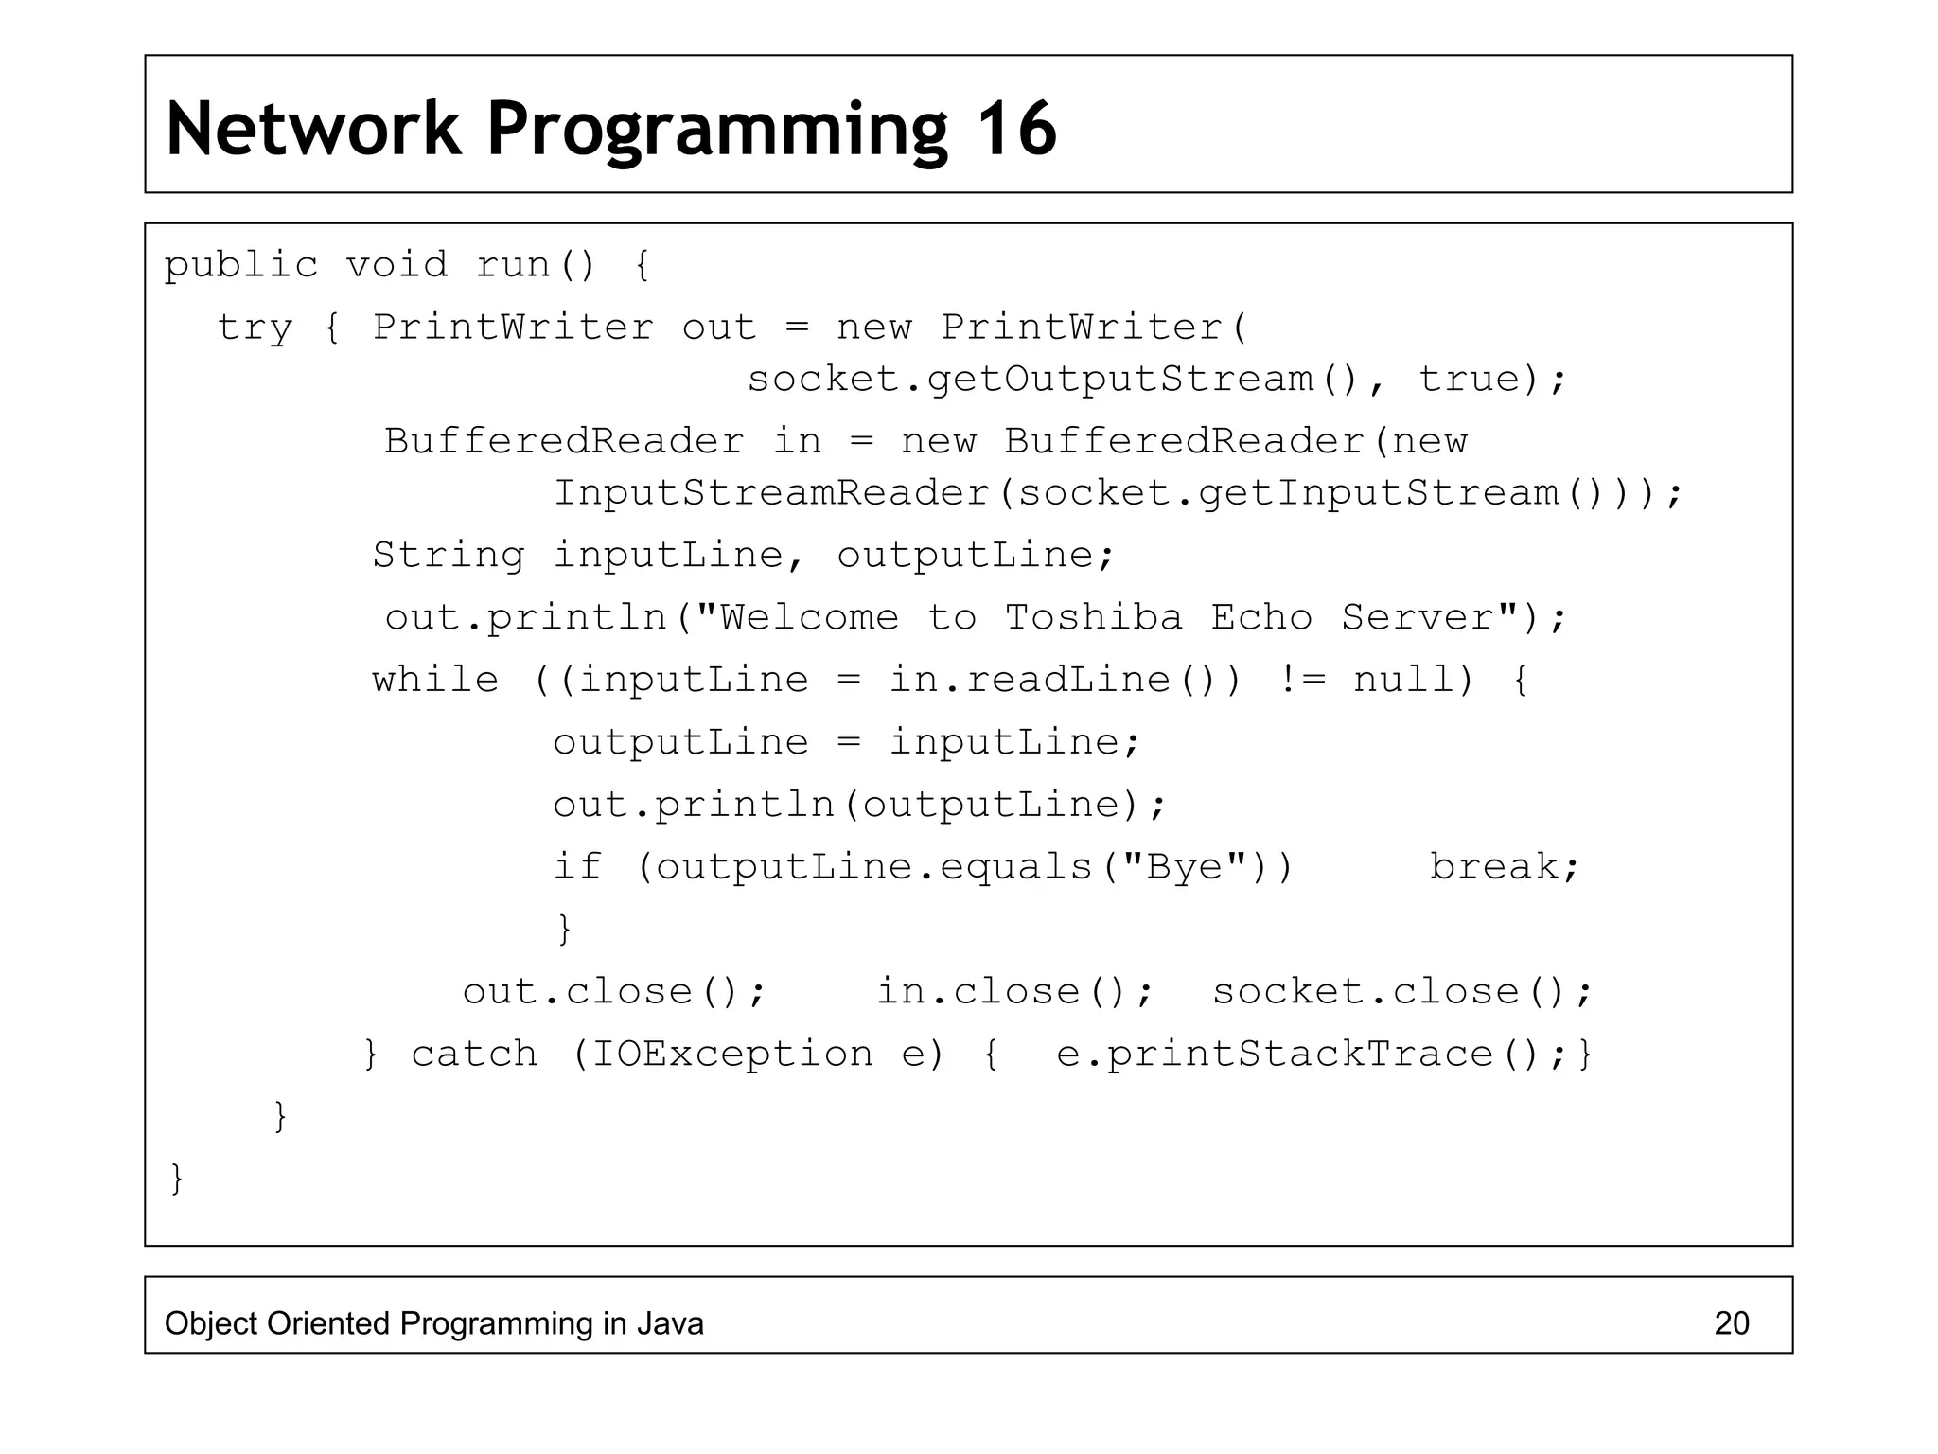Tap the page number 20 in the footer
(1732, 1323)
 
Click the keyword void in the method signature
(396, 265)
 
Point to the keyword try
(255, 328)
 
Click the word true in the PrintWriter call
(1469, 380)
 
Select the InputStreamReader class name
(771, 493)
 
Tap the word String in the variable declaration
(448, 556)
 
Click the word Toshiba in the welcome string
(1093, 618)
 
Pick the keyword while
(435, 680)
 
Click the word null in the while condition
(1403, 680)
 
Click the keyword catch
(474, 1055)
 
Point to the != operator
(1301, 680)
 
